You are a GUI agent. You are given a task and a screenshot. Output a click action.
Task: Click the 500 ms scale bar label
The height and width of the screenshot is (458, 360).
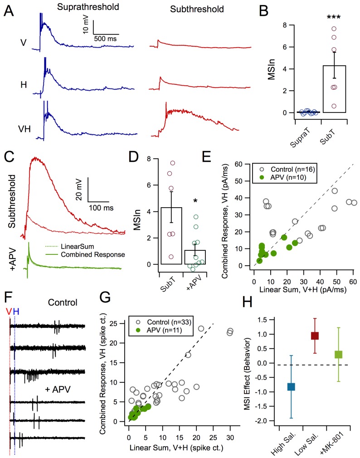point(106,39)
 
